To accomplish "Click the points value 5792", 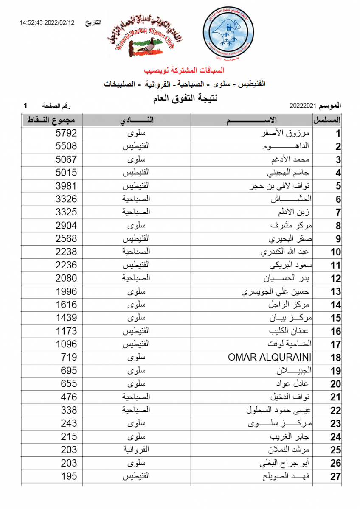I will pyautogui.click(x=66, y=133).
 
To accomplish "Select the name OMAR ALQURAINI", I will pyautogui.click(x=270, y=357).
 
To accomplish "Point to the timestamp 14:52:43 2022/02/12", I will pyautogui.click(x=47, y=22).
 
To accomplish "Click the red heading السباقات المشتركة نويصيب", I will pyautogui.click(x=184, y=70).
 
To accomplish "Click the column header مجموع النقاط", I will pyautogui.click(x=52, y=120).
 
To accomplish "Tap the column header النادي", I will pyautogui.click(x=137, y=120).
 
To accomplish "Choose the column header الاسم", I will pyautogui.click(x=252, y=120).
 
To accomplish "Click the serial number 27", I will pyautogui.click(x=335, y=477).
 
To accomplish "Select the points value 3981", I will pyautogui.click(x=66, y=186).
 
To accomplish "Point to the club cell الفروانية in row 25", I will pyautogui.click(x=136, y=450).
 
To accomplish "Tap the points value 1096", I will pyautogui.click(x=66, y=344).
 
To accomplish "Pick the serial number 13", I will pyautogui.click(x=335, y=292).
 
